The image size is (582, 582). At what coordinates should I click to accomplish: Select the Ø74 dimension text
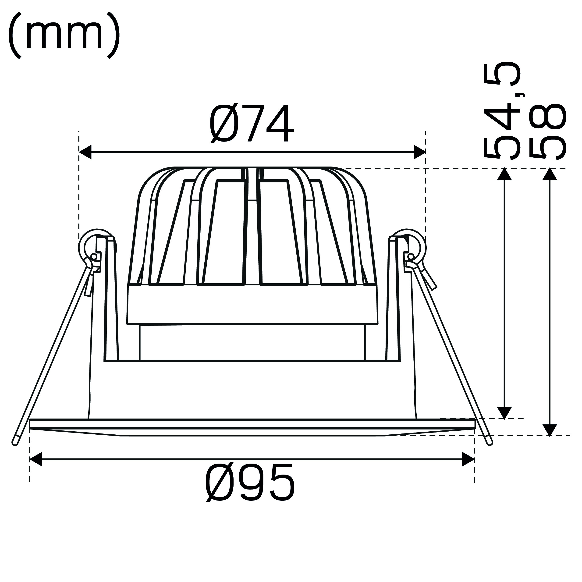coord(252,124)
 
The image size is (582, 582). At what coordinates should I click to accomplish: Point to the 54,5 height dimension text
coord(501,110)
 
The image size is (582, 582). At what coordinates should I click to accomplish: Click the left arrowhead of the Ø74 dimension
coord(85,152)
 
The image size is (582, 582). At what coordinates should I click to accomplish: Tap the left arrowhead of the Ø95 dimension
coord(36,459)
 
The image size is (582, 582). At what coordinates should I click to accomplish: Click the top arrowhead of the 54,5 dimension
coord(504,174)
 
